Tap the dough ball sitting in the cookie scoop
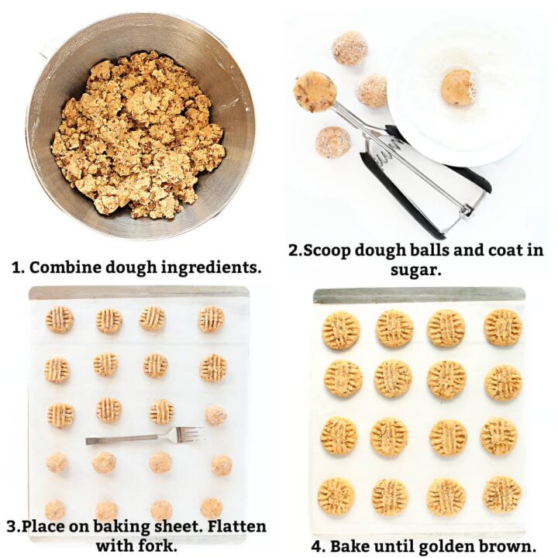315,91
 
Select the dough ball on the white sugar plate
457,87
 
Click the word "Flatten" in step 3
232,527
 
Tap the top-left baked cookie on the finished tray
341,330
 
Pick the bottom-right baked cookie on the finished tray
502,494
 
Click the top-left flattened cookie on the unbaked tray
60,319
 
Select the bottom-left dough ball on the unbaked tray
55,509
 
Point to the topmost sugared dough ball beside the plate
350,48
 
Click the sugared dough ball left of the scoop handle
332,142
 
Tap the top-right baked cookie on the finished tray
503,327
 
